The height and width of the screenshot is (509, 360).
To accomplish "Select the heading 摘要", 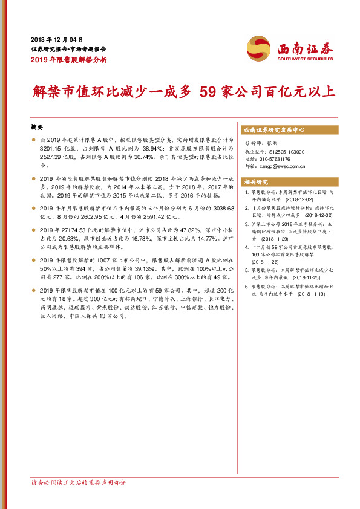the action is [x=38, y=128].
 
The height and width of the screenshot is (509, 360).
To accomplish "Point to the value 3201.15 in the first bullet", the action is [x=51, y=148].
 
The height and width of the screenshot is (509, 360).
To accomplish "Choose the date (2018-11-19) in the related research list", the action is [x=312, y=293].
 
